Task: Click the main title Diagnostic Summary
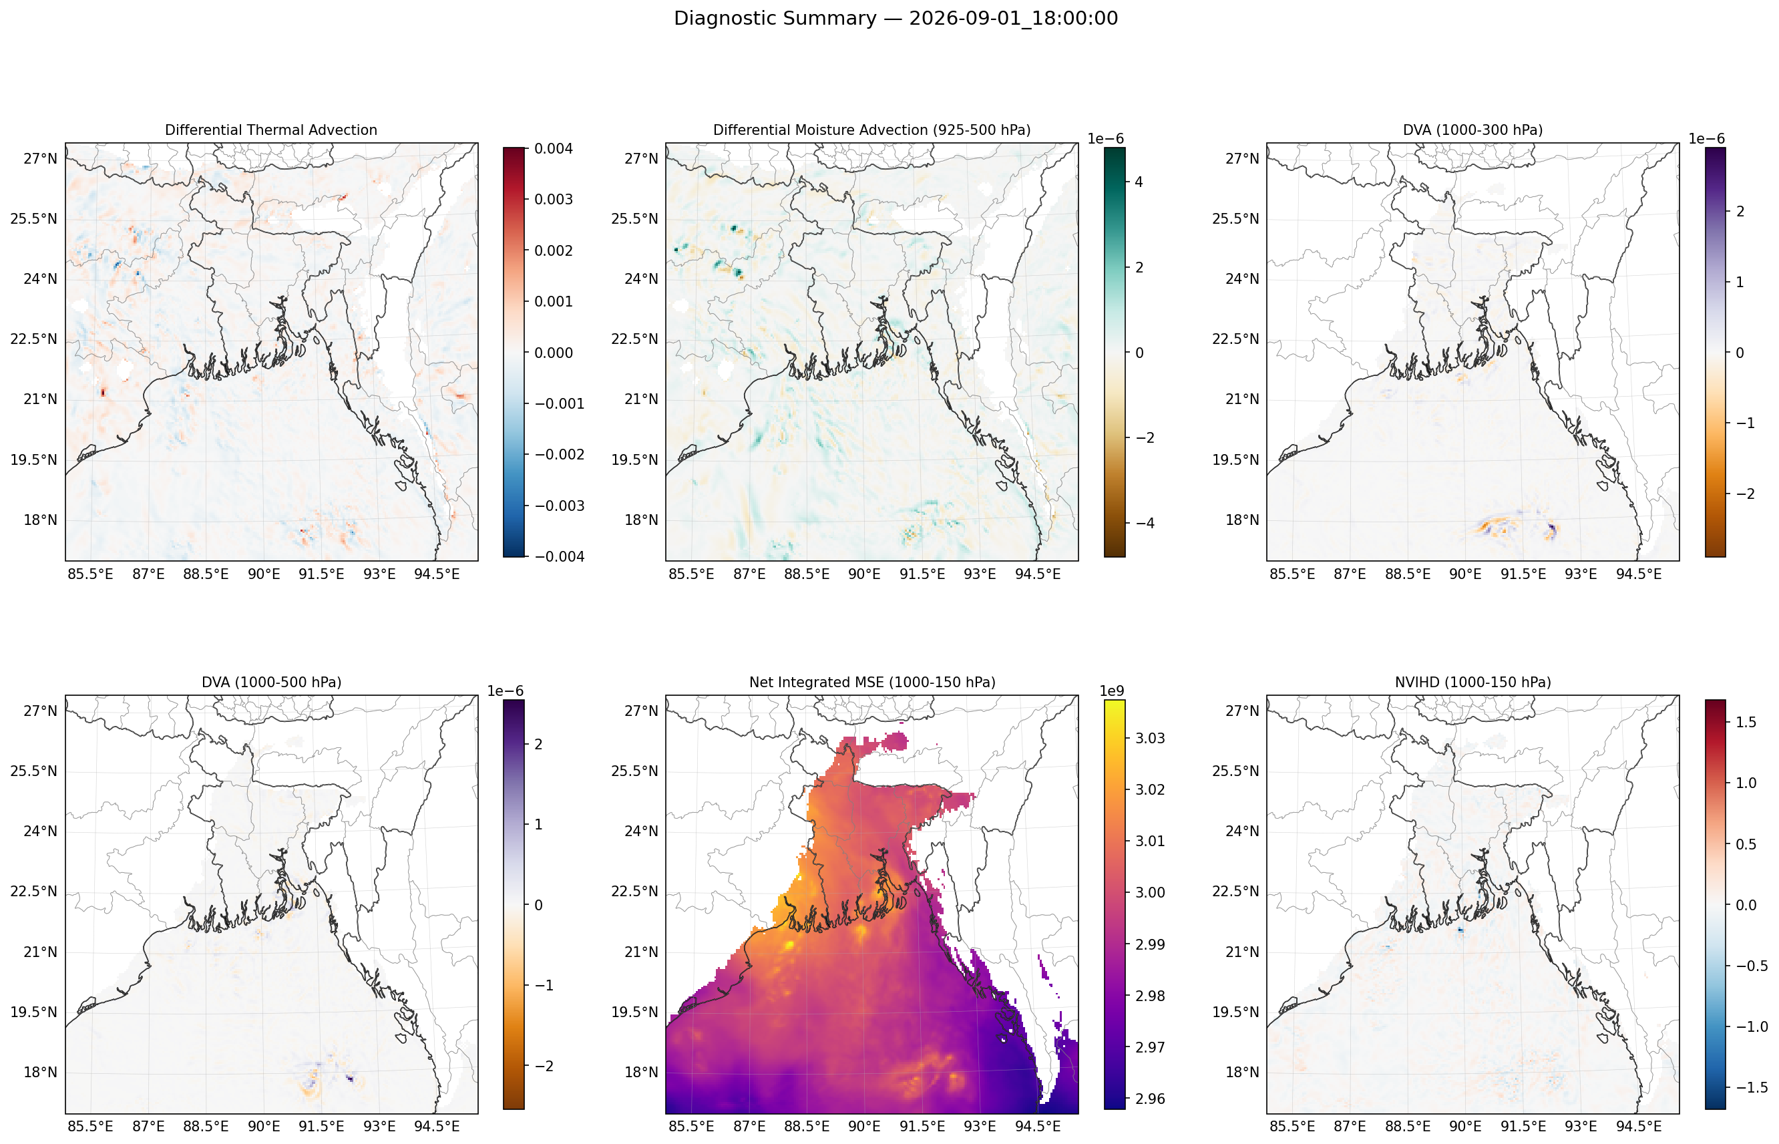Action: [775, 19]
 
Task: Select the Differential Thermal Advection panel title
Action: [271, 130]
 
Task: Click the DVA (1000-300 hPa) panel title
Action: [1472, 130]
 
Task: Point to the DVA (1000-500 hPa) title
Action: [271, 682]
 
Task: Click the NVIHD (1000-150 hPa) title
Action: [1472, 682]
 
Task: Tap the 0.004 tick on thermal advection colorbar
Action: [554, 148]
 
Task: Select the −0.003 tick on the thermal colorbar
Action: [560, 506]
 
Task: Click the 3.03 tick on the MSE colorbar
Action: [1150, 738]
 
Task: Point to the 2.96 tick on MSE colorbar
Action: [1150, 1099]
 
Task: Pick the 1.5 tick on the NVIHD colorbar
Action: [1746, 722]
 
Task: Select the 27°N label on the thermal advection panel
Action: [40, 158]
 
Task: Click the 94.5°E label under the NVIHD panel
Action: [1638, 1126]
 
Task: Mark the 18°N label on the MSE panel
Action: [641, 1072]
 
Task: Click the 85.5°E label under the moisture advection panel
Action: [690, 574]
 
